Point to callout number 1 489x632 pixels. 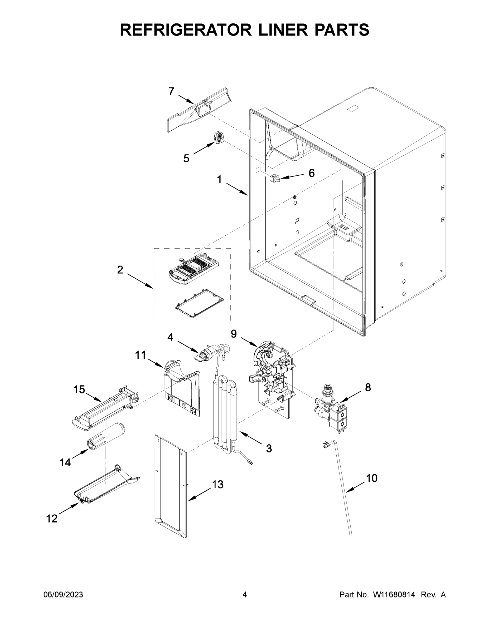coord(219,180)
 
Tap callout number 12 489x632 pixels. coord(52,519)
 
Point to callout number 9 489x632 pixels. coord(234,334)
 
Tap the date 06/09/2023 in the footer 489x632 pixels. coord(63,594)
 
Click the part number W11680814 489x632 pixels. coord(394,594)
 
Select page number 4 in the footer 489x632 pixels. coord(245,594)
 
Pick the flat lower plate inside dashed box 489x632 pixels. coord(200,303)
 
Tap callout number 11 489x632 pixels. coord(141,355)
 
